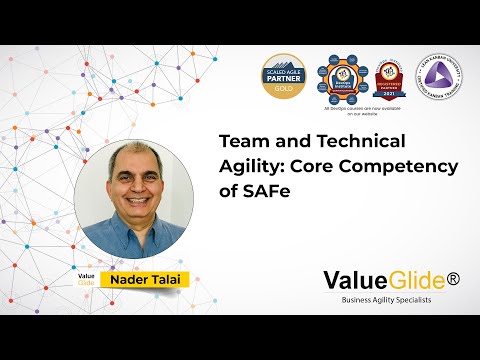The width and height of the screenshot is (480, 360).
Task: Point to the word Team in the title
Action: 241,141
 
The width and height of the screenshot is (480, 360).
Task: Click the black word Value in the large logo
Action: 349,282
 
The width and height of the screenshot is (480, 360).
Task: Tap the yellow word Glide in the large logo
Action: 411,282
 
